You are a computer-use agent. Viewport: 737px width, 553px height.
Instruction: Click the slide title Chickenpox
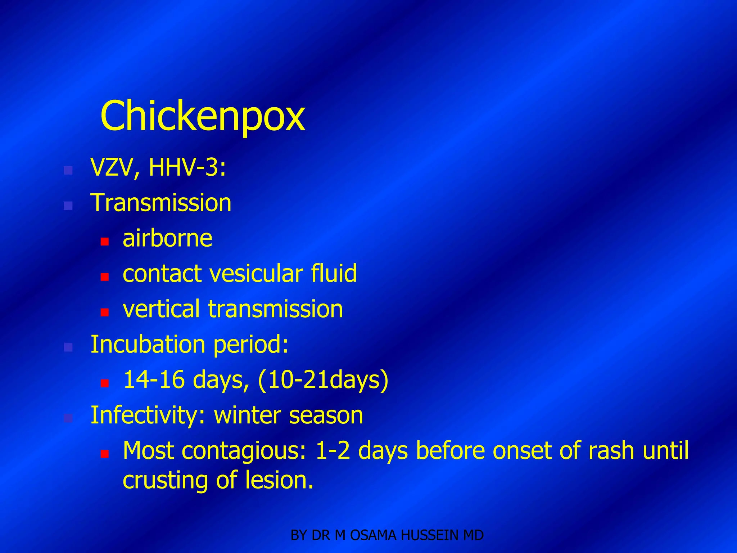[x=203, y=116]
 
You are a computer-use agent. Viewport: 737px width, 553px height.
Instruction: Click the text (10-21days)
[x=323, y=380]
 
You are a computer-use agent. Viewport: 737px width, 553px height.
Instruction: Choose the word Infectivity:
[x=148, y=415]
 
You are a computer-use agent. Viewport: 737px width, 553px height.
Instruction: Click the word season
[x=326, y=416]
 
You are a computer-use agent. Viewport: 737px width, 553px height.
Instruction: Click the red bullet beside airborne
[x=105, y=242]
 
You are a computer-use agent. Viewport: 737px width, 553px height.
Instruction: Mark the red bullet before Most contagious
[x=105, y=454]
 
